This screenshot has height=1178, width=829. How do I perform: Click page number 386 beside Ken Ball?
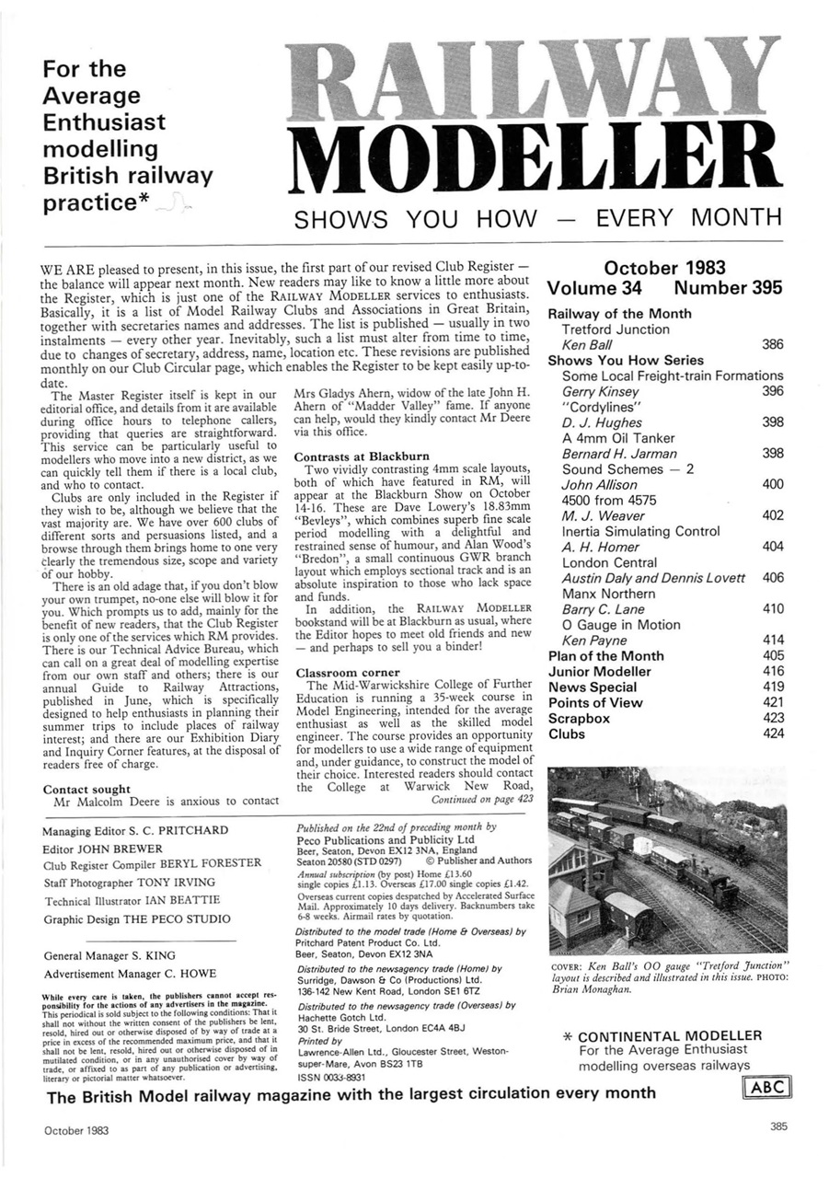772,345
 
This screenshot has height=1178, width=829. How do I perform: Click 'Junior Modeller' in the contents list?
599,672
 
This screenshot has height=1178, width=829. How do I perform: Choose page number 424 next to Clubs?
772,734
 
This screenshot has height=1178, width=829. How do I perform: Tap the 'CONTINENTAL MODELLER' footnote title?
670,1035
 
